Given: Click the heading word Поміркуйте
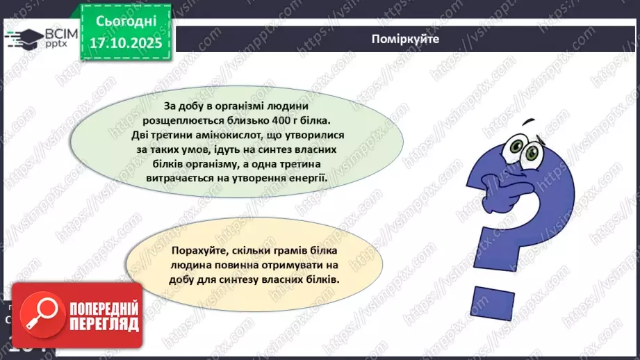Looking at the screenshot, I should (x=404, y=39).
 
